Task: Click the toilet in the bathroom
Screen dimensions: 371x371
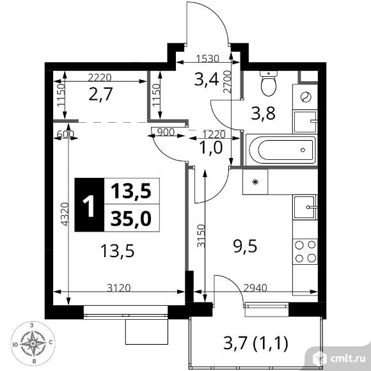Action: [268, 83]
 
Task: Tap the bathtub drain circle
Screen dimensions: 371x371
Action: [303, 150]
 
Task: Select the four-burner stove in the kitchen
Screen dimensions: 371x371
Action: [305, 252]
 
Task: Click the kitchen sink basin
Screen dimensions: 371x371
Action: [305, 207]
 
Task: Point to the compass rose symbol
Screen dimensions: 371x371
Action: [33, 343]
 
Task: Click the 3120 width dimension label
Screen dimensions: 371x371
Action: [119, 288]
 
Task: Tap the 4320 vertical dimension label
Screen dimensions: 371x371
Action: [65, 214]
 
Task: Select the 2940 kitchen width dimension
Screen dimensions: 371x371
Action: [255, 288]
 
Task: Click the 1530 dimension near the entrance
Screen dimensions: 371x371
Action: [208, 59]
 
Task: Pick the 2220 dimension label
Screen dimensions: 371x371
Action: [99, 77]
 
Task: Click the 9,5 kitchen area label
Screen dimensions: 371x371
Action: [245, 246]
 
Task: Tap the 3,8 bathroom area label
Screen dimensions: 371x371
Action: [263, 113]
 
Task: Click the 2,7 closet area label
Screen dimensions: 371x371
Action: [100, 94]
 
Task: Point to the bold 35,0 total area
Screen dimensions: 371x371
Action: [131, 219]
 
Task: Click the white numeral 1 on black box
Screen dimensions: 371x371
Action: [89, 205]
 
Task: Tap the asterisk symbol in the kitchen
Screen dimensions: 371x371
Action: [255, 182]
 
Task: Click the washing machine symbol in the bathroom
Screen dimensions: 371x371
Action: [305, 97]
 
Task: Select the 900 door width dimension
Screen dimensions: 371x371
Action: [166, 132]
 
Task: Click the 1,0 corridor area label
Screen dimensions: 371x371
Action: [211, 148]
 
